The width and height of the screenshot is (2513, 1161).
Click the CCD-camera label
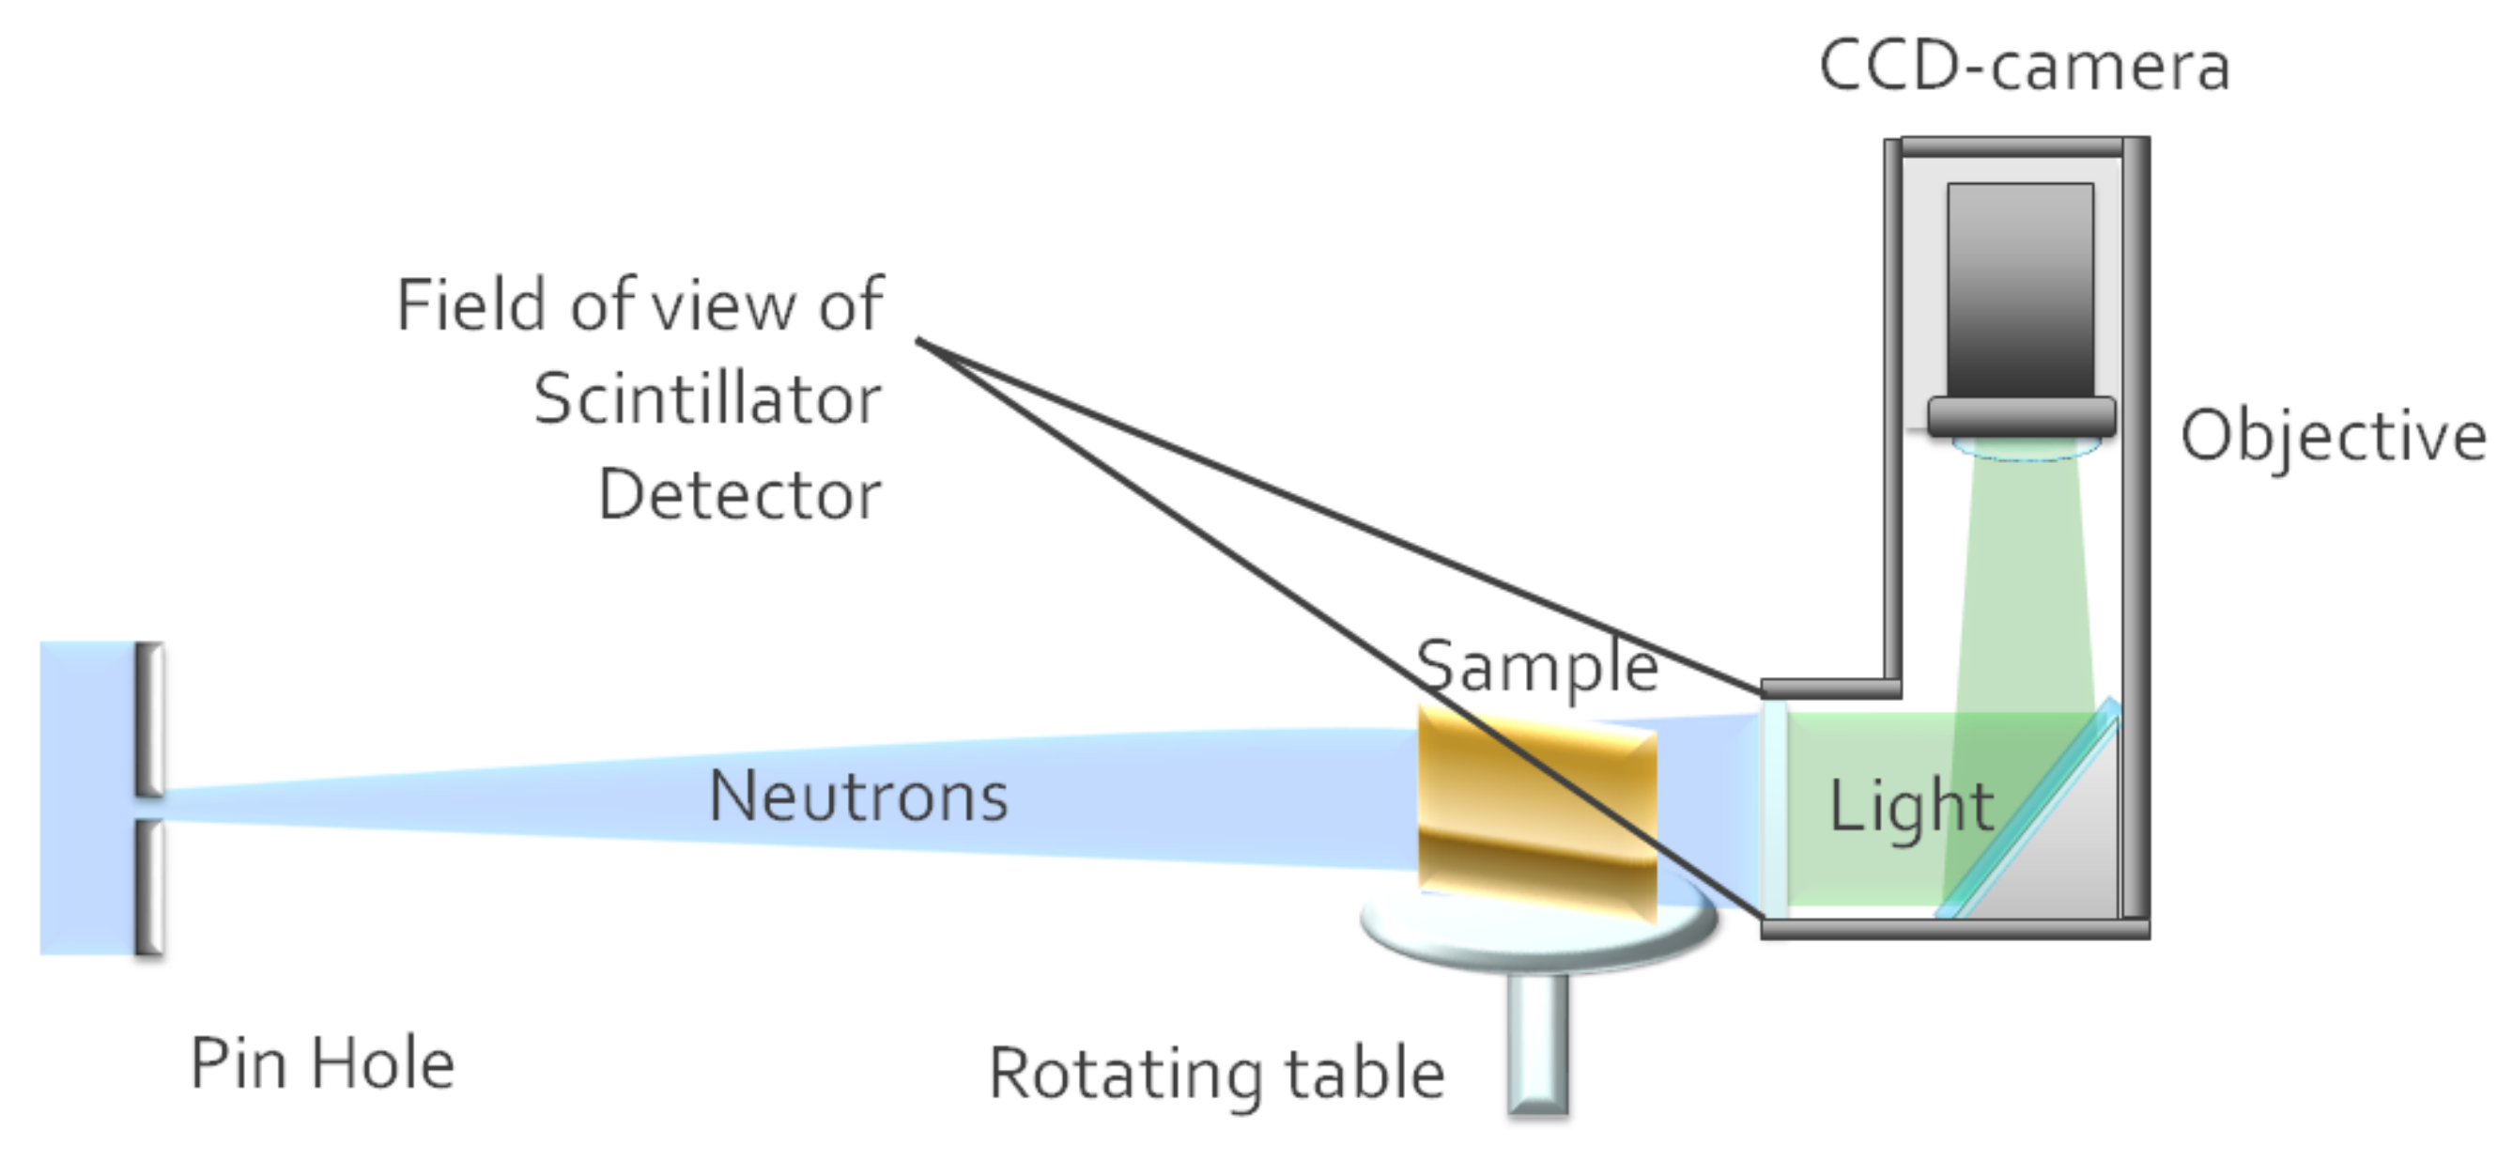click(2025, 67)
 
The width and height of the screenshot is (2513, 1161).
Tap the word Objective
click(2333, 436)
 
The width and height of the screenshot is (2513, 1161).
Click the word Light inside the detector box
click(1910, 808)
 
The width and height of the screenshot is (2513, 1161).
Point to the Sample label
click(1536, 667)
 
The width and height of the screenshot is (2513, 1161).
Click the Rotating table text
click(1216, 1074)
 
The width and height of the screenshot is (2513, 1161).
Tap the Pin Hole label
click(322, 1062)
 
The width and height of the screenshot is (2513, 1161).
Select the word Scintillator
click(707, 400)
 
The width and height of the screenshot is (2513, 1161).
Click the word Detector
click(739, 495)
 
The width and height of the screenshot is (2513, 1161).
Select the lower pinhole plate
click(148, 886)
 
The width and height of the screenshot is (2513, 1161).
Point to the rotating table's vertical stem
click(1538, 1044)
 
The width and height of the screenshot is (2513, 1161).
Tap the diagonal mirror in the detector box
click(2029, 810)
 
